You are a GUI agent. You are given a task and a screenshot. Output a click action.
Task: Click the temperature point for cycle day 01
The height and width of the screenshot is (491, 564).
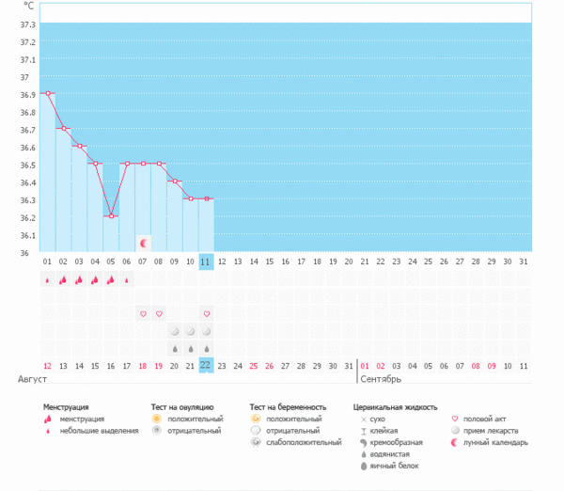[x=47, y=93]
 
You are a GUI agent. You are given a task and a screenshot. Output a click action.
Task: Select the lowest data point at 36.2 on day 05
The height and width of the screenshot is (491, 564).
[x=111, y=216]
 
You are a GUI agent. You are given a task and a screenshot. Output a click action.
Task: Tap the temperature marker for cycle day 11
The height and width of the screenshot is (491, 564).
[x=207, y=198]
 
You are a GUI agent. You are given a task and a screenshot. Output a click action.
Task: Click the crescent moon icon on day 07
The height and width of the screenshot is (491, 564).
[x=143, y=243]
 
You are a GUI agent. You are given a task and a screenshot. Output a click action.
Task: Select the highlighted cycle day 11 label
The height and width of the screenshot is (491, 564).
[x=207, y=261]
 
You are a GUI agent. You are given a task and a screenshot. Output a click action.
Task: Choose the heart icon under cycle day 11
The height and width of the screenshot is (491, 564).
[x=207, y=313]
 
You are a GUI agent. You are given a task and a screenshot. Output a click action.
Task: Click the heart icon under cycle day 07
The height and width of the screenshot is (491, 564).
[x=143, y=313]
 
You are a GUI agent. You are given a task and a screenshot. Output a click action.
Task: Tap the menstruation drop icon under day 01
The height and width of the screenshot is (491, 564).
[x=47, y=279]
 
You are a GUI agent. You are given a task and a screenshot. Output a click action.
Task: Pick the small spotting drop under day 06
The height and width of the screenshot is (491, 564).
[x=127, y=279]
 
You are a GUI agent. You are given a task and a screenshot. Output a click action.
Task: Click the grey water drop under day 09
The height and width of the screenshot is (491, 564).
[x=175, y=348]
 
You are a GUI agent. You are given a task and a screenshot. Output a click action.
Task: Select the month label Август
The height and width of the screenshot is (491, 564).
[x=33, y=379]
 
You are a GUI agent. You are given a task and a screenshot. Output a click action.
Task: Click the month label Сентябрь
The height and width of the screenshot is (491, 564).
[x=381, y=379]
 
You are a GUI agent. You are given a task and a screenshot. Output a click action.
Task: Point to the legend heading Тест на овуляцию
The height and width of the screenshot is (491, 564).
[x=182, y=407]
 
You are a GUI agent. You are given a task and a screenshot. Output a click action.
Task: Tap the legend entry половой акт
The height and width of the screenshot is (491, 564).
[x=485, y=419]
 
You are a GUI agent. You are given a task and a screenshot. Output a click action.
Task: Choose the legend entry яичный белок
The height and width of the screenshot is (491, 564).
[x=393, y=466]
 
